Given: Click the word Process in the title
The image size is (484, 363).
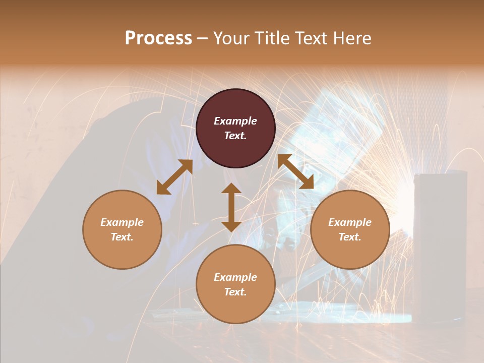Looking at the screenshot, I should (158, 38).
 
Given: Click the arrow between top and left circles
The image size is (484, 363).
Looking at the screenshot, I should (174, 177).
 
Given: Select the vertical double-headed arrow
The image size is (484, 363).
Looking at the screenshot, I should (231, 207).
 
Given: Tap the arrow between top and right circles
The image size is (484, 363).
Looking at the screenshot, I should (295, 171).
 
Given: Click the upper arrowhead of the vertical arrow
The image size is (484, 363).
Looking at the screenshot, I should (231, 189).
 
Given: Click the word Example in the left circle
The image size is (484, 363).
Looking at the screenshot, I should (122, 222).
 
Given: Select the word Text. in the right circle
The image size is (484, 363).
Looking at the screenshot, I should (350, 237).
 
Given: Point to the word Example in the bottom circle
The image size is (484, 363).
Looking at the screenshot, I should (235, 277).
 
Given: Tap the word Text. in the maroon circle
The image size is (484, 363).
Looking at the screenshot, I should (235, 136).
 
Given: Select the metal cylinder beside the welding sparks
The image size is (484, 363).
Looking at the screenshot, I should (440, 242).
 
